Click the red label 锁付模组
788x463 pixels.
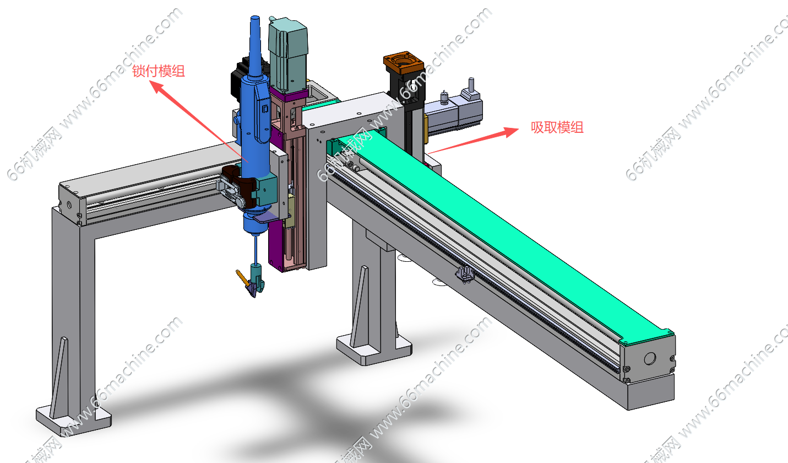coord(159,71)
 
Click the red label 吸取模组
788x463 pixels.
coord(557,127)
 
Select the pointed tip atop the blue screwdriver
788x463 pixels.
coord(255,18)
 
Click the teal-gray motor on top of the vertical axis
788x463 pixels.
coord(288,55)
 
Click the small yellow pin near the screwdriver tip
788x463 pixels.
coord(242,277)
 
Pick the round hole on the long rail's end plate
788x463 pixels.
coord(650,358)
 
